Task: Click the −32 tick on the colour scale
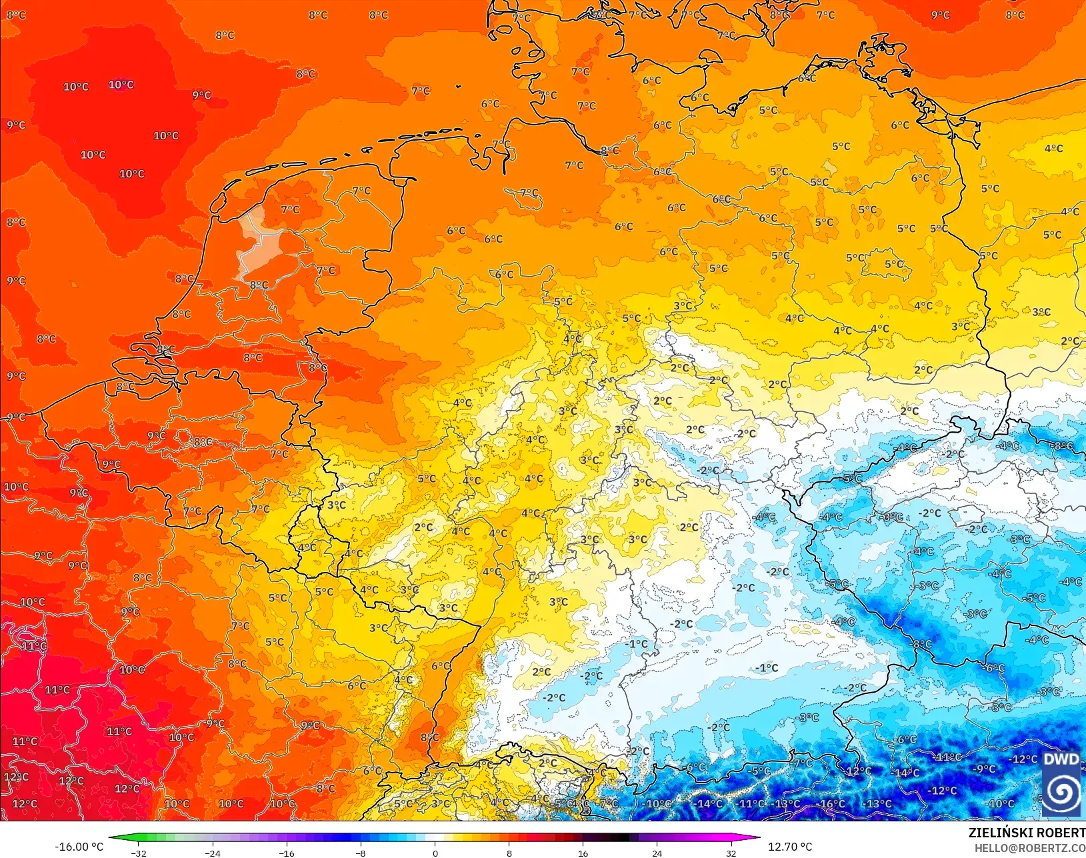(139, 853)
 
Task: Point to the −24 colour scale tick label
(212, 853)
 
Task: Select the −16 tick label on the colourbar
(286, 853)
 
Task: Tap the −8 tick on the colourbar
(361, 853)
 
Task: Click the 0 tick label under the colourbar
(435, 853)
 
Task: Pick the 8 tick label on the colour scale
(509, 853)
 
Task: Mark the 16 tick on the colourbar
(583, 853)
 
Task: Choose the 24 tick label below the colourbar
(657, 853)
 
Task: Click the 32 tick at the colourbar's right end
(731, 853)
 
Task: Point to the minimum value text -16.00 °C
(79, 847)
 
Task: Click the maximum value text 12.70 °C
(790, 847)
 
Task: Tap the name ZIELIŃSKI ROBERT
(1027, 833)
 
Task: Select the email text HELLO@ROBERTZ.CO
(1030, 848)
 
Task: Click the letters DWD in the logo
(1061, 759)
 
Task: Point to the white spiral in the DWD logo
(1061, 791)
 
